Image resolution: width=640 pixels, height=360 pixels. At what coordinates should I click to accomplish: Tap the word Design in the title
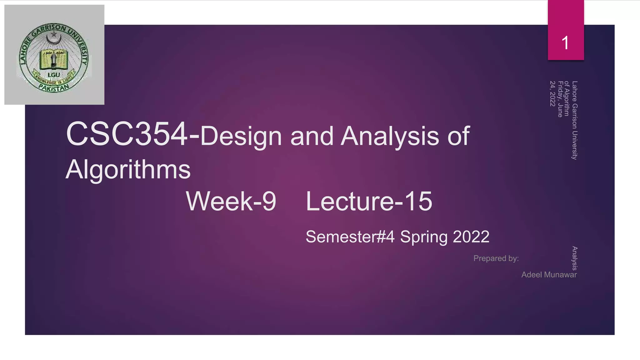241,137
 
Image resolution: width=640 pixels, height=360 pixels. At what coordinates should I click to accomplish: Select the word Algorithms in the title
128,169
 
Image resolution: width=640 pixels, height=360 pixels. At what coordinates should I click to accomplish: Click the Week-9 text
231,201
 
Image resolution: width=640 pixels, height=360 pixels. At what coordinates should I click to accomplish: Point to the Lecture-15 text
369,201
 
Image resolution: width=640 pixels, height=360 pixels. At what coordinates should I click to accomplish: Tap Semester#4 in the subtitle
350,237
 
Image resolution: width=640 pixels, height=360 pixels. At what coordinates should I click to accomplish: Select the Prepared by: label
496,258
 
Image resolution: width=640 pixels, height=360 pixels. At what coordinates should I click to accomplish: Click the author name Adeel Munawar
549,275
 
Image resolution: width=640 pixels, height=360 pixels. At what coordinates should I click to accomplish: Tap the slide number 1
565,43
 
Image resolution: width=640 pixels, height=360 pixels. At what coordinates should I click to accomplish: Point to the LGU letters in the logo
54,75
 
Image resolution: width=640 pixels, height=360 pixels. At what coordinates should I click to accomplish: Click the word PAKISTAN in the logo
54,88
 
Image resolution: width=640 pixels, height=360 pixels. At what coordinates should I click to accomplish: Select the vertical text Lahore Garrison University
575,120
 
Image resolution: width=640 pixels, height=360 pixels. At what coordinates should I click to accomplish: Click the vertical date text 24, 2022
552,94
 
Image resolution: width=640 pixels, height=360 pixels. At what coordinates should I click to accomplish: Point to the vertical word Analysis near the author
574,258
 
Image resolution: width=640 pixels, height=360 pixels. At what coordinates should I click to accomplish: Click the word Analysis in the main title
390,137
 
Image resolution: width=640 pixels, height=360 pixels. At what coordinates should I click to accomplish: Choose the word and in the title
312,137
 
